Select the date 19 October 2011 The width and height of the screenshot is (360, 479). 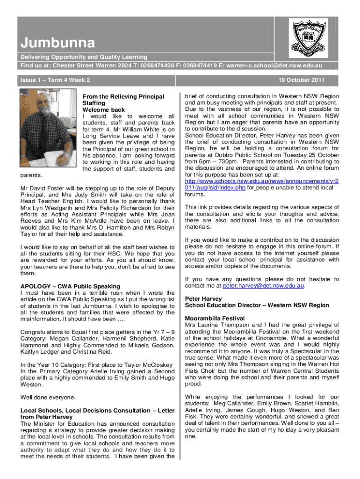[x=302, y=80]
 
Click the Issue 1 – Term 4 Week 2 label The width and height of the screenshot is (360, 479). [x=55, y=80]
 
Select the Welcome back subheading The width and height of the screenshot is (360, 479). [x=103, y=109]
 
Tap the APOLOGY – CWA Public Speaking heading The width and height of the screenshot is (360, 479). [x=70, y=286]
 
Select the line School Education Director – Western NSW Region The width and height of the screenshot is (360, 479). [x=257, y=305]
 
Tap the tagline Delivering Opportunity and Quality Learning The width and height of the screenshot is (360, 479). [x=83, y=57]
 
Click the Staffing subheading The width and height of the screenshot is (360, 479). [x=94, y=103]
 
